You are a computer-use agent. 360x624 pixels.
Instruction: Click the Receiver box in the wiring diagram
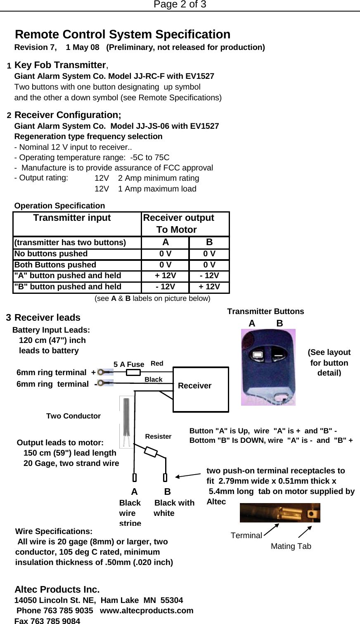click(x=201, y=389)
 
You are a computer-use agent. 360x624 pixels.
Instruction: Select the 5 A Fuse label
click(x=129, y=364)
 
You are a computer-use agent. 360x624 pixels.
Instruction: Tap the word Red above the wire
click(x=157, y=364)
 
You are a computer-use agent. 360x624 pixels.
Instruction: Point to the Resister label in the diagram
click(x=158, y=437)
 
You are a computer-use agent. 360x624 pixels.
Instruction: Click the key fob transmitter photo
click(x=268, y=367)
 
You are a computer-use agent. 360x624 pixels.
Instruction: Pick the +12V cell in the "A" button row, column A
click(x=165, y=276)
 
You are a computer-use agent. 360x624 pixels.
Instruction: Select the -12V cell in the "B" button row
click(x=165, y=287)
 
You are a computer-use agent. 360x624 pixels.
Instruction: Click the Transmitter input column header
click(x=72, y=218)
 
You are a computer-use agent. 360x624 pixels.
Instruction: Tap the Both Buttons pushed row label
click(x=55, y=265)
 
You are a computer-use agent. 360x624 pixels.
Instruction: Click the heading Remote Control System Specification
click(x=123, y=34)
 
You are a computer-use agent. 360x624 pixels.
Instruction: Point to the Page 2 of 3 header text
click(x=180, y=5)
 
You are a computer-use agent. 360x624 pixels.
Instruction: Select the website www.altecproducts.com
click(x=147, y=610)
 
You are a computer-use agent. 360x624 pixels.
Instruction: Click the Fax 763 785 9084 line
click(x=47, y=621)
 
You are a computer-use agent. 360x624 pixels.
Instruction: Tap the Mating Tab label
click(x=291, y=546)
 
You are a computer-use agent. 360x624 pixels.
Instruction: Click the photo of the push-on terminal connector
click(x=280, y=513)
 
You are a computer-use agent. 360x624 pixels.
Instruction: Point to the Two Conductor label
click(x=73, y=416)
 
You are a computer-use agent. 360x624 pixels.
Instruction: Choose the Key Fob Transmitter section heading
click(x=60, y=65)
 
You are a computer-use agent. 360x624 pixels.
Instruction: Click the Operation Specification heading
click(x=59, y=206)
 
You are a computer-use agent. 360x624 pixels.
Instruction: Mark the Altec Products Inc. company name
click(x=57, y=589)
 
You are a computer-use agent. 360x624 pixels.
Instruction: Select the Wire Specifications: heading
click(x=54, y=532)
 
